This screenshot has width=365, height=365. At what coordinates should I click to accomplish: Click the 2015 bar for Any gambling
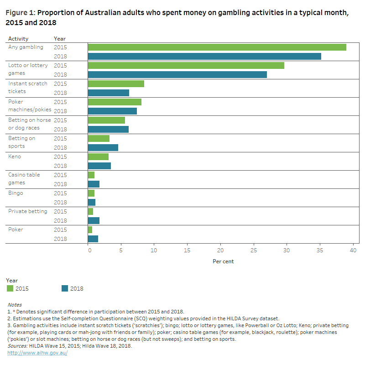(217, 47)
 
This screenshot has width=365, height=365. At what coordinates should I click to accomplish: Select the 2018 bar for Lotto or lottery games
(177, 74)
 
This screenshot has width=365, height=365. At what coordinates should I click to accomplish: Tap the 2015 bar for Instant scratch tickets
(116, 83)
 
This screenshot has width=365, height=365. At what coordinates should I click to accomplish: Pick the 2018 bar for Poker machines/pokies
(112, 111)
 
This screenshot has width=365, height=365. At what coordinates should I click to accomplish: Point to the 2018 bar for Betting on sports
(103, 147)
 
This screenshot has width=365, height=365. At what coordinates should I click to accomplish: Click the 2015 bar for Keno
(98, 156)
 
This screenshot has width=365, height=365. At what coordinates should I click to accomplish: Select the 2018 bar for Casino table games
(94, 184)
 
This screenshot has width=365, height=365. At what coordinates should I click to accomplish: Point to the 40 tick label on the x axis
(353, 250)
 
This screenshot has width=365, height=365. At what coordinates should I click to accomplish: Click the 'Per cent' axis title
(223, 261)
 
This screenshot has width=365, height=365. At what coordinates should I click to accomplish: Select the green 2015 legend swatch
(10, 288)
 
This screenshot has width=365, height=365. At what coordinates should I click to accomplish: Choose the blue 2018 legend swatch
(65, 288)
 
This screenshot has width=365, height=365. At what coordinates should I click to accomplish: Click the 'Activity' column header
(18, 39)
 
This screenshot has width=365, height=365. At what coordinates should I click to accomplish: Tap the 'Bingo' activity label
(16, 193)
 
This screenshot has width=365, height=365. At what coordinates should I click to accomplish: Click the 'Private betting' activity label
(28, 211)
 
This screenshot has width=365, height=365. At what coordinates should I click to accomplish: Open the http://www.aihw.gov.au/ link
(37, 353)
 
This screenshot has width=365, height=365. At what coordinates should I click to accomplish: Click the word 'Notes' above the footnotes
(15, 305)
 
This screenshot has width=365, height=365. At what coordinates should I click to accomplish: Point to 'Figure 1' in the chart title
(19, 13)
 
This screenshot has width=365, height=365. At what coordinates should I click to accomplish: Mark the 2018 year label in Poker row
(60, 239)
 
